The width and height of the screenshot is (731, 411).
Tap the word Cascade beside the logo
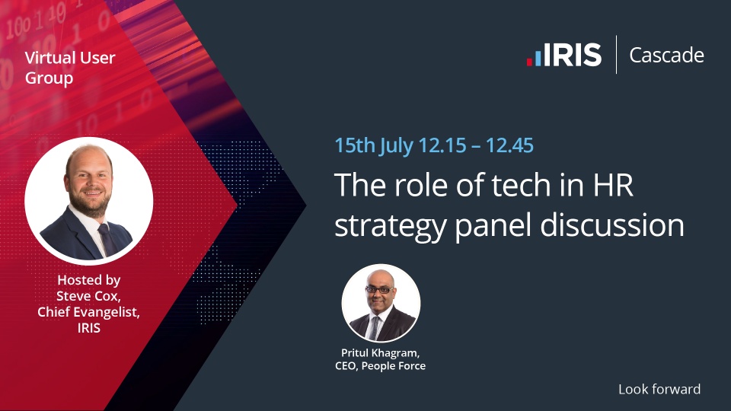pyautogui.click(x=667, y=55)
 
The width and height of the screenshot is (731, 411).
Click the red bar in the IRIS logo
pyautogui.click(x=530, y=62)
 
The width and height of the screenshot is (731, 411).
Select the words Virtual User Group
pyautogui.click(x=70, y=68)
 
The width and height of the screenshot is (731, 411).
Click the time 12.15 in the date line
pyautogui.click(x=442, y=145)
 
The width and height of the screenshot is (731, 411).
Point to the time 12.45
pyautogui.click(x=509, y=145)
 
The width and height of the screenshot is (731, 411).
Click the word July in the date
pyautogui.click(x=396, y=146)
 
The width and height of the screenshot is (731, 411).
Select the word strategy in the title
pyautogui.click(x=391, y=227)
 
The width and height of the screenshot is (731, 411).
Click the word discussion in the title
pyautogui.click(x=612, y=225)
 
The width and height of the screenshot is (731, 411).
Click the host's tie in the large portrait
pyautogui.click(x=107, y=239)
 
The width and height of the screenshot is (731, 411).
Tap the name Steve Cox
pyautogui.click(x=88, y=296)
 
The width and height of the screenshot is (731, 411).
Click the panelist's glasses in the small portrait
pyautogui.click(x=379, y=290)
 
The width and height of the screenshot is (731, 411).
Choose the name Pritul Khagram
pyautogui.click(x=381, y=353)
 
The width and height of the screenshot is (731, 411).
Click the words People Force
pyautogui.click(x=394, y=366)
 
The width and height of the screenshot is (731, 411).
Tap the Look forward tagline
pyautogui.click(x=659, y=389)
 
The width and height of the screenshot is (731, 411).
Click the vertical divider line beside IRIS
pyautogui.click(x=616, y=55)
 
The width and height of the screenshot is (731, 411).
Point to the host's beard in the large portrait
pyautogui.click(x=91, y=204)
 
